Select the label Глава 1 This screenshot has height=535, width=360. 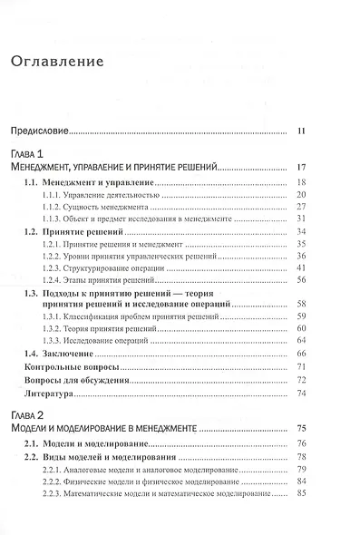point(30,154)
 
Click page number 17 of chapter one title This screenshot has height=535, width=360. point(303,168)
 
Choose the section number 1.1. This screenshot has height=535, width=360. point(32,182)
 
